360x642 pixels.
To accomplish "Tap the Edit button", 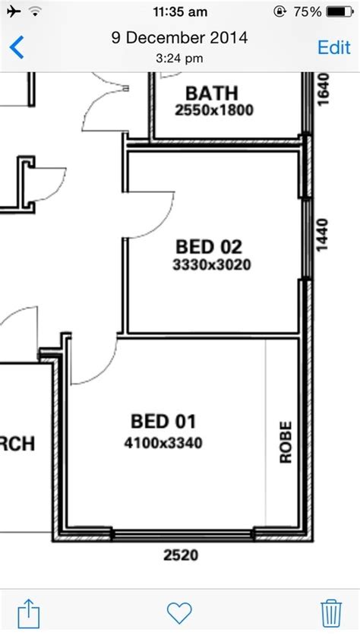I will click(x=333, y=46).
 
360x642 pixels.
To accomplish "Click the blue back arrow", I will click(x=16, y=46).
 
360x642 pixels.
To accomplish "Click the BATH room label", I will click(x=212, y=93).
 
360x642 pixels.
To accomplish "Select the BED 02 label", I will click(x=209, y=247).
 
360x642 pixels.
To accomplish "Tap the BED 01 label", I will click(x=163, y=420).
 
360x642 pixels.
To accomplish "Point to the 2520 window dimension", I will click(x=181, y=555).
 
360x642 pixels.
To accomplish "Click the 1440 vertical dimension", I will click(x=322, y=235).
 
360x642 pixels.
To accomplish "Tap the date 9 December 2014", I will click(x=180, y=39).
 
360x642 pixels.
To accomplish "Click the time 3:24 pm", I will click(x=180, y=57).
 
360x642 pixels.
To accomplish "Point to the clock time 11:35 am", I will click(x=180, y=12).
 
